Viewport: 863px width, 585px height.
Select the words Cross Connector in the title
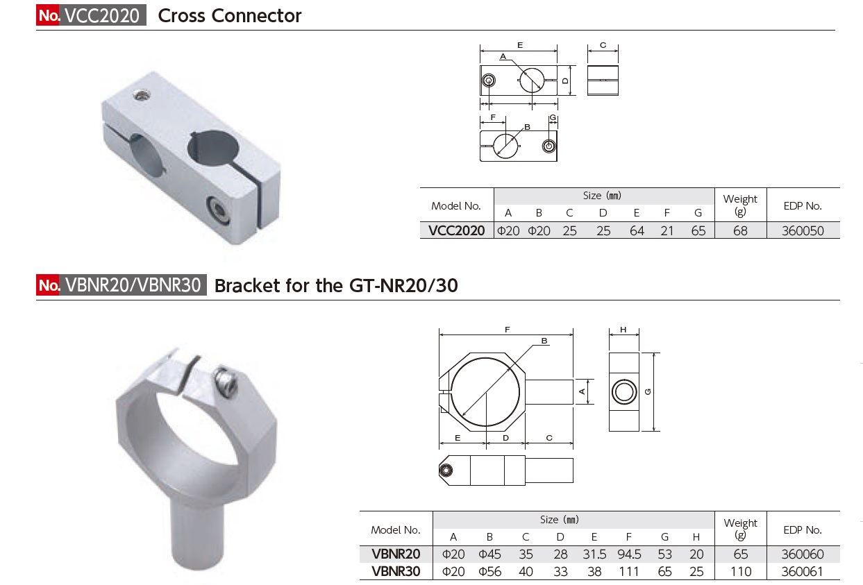(230, 16)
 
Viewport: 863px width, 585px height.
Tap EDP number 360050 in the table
(803, 231)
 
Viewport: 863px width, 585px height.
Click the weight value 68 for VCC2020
(740, 231)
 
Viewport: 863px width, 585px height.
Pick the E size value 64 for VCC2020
(637, 231)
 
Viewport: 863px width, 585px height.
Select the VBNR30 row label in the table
(396, 572)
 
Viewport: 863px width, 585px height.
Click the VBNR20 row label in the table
(396, 554)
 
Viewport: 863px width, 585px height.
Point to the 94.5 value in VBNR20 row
(629, 554)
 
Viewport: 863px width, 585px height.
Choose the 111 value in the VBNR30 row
(629, 572)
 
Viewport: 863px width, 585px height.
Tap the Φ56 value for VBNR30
(489, 572)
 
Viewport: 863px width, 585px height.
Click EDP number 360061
(803, 572)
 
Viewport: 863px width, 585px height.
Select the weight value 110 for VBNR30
(740, 572)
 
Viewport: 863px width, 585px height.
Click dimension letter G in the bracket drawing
(647, 392)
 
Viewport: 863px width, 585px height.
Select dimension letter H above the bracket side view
(623, 330)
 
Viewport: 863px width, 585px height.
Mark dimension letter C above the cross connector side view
(603, 46)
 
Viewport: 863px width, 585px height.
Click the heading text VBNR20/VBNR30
(133, 285)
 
